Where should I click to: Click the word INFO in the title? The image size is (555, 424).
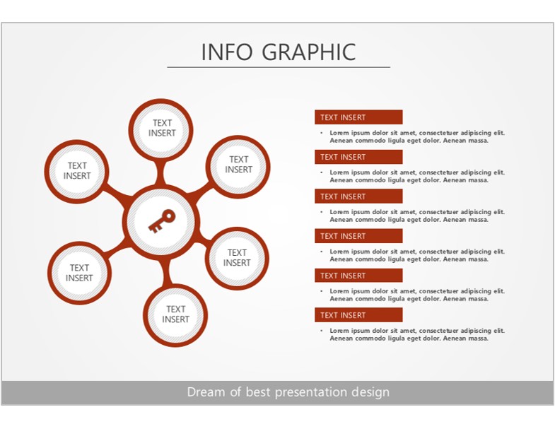point(227,52)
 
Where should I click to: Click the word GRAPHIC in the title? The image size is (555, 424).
point(309,52)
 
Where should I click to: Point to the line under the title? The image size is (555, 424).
point(279,67)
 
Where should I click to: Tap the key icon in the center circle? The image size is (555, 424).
point(161,221)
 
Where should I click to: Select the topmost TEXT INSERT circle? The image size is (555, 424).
point(160,130)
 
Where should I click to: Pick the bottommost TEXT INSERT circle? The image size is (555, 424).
point(175,315)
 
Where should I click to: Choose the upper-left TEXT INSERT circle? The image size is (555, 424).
point(76,172)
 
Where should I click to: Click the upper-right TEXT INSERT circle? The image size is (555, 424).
point(238,167)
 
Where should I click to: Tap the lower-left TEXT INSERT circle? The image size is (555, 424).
point(79,273)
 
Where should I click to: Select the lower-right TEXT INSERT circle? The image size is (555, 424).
point(237,259)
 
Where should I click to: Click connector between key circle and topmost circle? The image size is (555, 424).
point(160,172)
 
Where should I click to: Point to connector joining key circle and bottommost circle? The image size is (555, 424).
point(166,272)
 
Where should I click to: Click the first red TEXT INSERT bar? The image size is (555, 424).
point(358,117)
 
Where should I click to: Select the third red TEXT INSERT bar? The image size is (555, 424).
point(358,196)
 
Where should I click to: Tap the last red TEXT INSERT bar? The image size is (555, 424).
point(358,315)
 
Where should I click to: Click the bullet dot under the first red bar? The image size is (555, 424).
point(322,133)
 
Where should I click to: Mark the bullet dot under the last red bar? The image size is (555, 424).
point(322,331)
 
